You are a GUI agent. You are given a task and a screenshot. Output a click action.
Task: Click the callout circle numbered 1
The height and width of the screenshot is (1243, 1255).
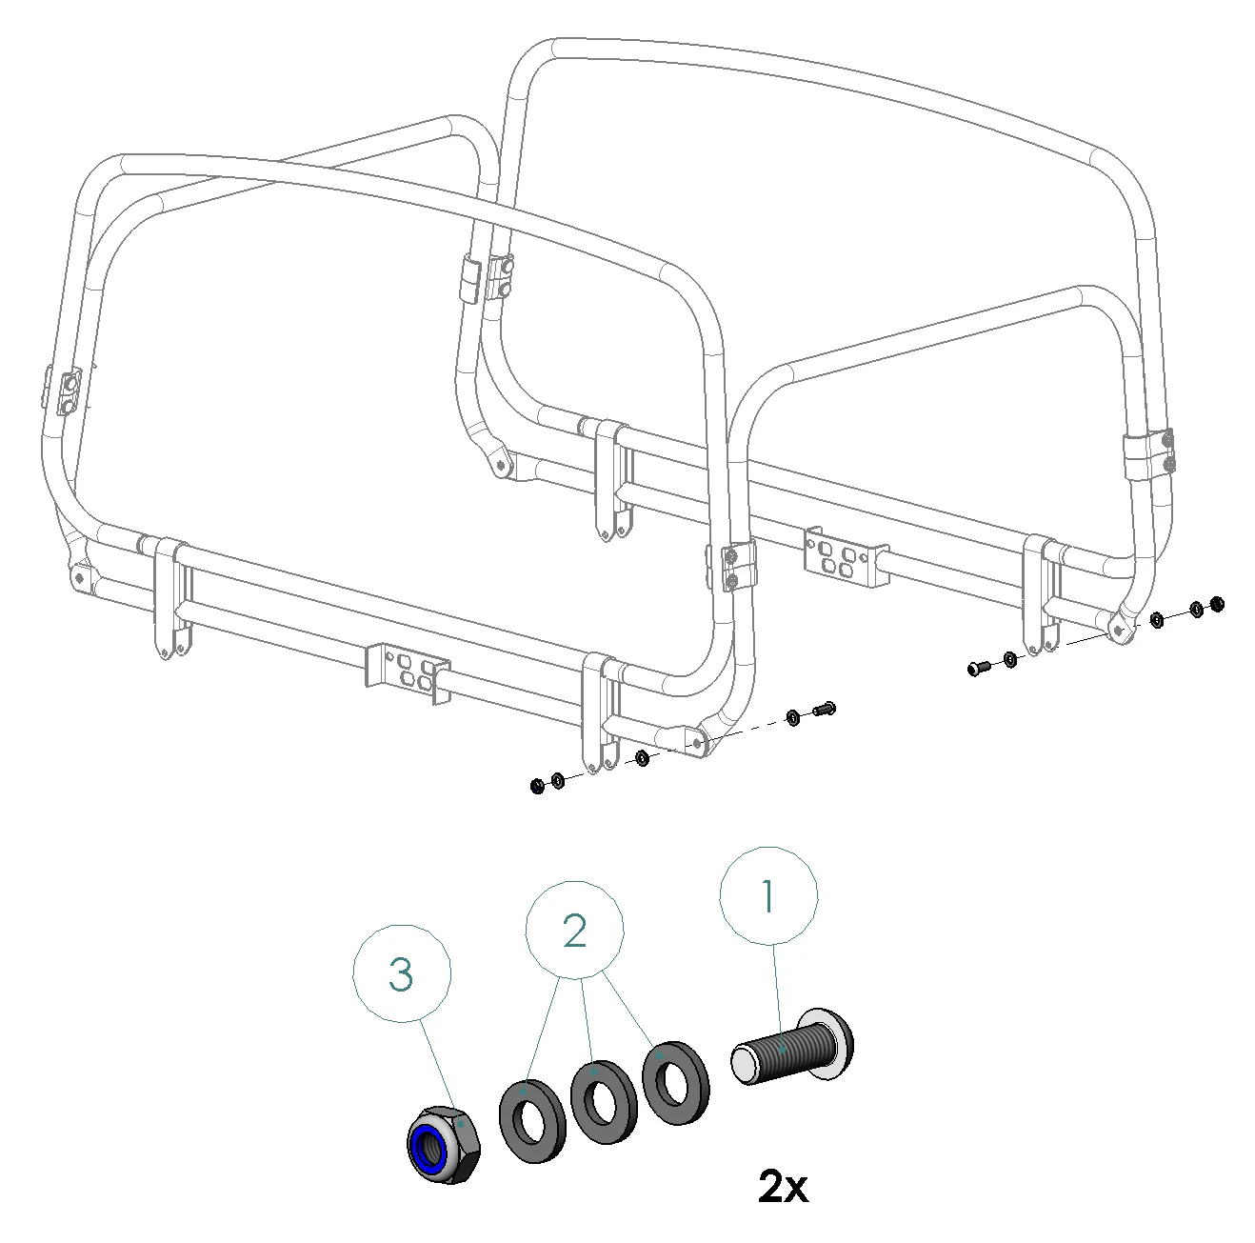767,895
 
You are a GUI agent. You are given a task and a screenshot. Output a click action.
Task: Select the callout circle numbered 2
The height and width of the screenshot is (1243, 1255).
574,931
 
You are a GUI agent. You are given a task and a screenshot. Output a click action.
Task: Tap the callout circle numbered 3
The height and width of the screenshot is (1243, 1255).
401,974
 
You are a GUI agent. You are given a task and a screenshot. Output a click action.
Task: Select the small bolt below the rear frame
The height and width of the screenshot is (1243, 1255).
979,668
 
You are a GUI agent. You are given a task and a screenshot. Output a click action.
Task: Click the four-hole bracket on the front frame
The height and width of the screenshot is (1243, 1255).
408,673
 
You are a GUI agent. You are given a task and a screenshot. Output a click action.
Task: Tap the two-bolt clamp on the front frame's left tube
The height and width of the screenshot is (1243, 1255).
66,391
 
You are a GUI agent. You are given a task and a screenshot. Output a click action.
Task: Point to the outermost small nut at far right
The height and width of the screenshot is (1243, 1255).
1217,604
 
